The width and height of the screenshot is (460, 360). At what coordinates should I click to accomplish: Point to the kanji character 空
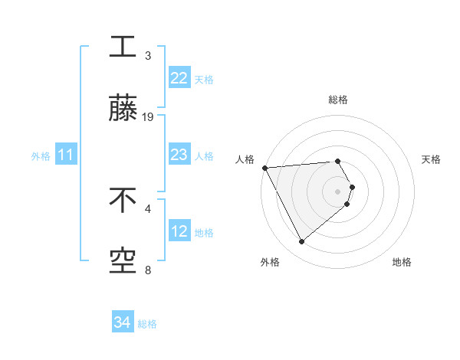tap(123, 262)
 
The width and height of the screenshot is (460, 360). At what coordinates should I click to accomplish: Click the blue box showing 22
tap(179, 78)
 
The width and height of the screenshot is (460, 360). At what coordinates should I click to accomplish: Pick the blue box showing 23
tap(179, 155)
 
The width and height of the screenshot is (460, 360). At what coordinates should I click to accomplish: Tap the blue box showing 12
tap(179, 231)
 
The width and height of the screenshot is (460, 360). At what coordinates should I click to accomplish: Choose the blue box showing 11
tap(65, 155)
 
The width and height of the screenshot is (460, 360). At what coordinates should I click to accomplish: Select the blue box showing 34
tap(122, 323)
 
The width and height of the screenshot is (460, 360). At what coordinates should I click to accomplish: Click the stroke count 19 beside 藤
tap(148, 117)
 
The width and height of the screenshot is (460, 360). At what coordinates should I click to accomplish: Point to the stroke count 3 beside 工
tap(148, 55)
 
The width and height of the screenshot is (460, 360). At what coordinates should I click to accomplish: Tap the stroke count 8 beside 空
tap(148, 270)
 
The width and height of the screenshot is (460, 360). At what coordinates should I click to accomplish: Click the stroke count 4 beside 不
tap(148, 208)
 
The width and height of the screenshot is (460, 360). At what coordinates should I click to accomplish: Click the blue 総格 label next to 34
tap(147, 324)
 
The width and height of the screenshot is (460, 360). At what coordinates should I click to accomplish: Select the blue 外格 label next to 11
tap(41, 156)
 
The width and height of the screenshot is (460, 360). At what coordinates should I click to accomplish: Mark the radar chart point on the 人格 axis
tap(264, 168)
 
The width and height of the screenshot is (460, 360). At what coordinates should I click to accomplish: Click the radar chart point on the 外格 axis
tap(301, 242)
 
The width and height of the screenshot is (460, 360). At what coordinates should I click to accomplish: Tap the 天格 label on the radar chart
tap(431, 159)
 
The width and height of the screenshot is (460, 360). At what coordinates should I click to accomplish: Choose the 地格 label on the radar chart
tap(402, 263)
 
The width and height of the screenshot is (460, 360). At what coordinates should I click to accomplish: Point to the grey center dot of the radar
tap(337, 191)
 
